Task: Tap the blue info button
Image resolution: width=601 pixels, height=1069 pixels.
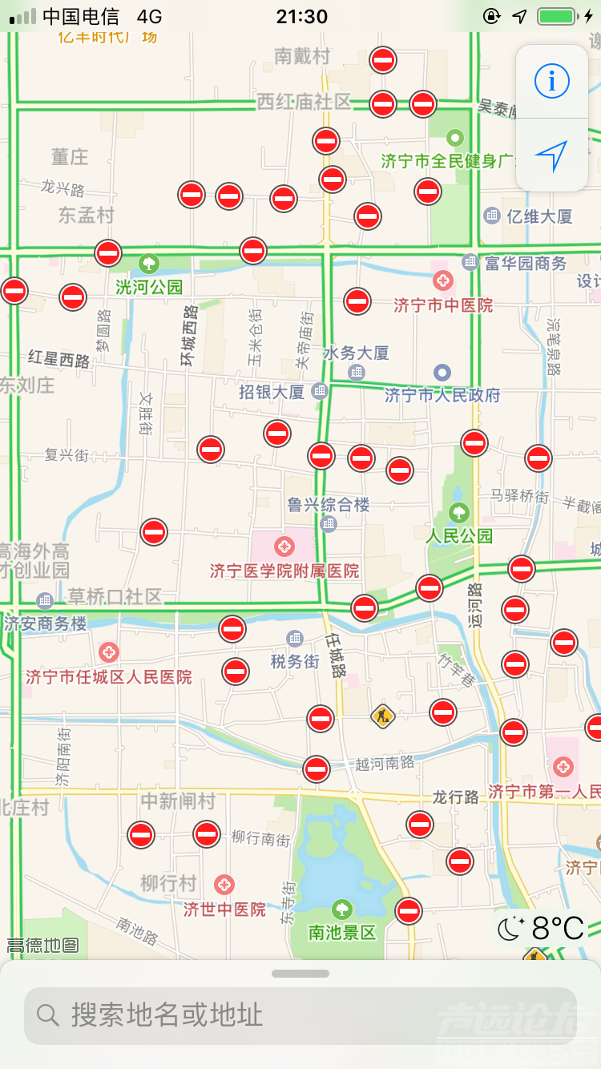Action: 551,81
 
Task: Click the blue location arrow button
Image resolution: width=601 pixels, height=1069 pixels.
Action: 551,155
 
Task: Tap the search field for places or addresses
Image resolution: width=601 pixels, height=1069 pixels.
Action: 300,1015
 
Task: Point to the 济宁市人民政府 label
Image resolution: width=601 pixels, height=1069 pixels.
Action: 442,395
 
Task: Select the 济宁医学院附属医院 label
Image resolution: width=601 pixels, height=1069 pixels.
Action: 284,571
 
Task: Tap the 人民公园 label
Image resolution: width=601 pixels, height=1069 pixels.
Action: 459,535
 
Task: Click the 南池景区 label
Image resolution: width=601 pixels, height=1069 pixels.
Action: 342,932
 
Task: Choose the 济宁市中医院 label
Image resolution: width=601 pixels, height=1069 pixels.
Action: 443,305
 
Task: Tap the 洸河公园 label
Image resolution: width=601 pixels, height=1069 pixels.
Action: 150,286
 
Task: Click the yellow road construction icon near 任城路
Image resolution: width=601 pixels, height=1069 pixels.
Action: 383,715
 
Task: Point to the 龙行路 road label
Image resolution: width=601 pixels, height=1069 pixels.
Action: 455,797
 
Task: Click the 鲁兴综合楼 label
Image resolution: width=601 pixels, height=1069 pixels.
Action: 329,505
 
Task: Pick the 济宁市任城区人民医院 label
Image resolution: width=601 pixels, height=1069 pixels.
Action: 109,676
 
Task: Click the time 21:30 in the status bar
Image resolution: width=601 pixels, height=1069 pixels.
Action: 301,16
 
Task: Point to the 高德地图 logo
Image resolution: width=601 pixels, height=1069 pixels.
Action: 42,946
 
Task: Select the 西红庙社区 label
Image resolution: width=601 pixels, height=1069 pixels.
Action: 304,101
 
